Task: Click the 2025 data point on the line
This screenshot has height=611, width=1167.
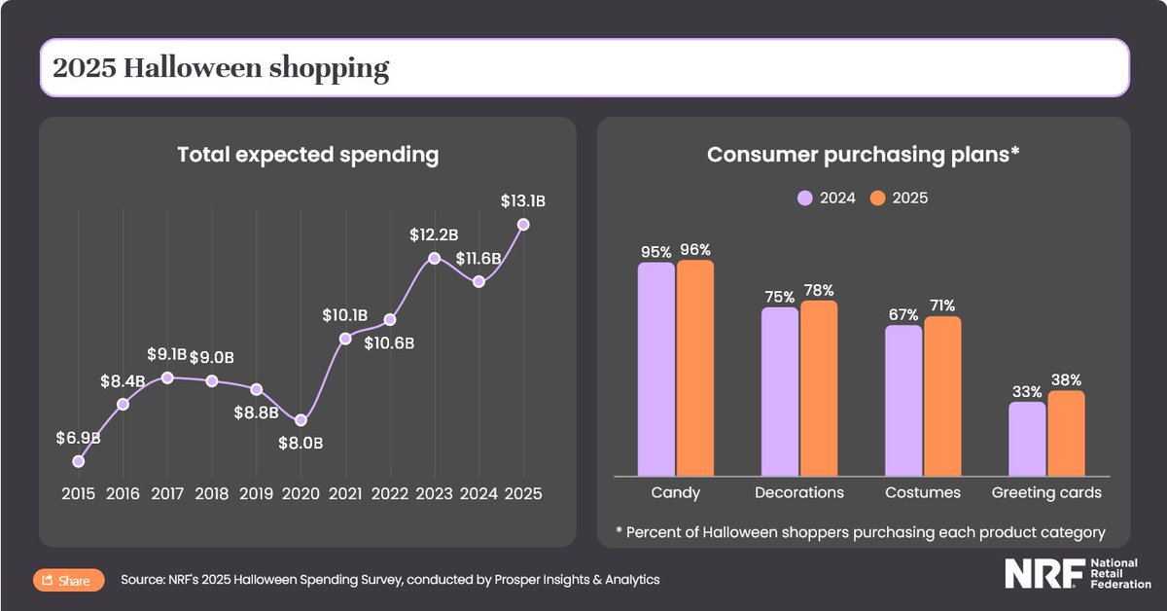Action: [x=524, y=224]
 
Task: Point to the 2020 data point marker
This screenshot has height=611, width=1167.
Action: [x=301, y=420]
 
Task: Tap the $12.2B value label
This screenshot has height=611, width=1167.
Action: [x=433, y=234]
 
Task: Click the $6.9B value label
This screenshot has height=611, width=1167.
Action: [x=78, y=438]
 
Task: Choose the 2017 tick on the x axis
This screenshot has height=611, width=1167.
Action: [x=167, y=493]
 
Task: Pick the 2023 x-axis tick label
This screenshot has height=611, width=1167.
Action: [x=435, y=493]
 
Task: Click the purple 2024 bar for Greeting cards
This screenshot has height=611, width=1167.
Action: [x=1027, y=439]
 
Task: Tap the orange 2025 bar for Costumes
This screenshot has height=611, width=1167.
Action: [x=942, y=396]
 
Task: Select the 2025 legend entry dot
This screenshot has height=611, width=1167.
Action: [x=877, y=198]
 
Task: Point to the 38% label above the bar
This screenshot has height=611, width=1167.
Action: [x=1066, y=380]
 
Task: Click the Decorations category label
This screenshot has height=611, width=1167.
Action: [x=799, y=493]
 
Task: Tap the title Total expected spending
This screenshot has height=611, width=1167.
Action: [x=307, y=155]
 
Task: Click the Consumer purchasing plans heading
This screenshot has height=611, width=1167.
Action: [x=863, y=155]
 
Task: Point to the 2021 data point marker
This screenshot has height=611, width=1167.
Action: [x=345, y=339]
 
